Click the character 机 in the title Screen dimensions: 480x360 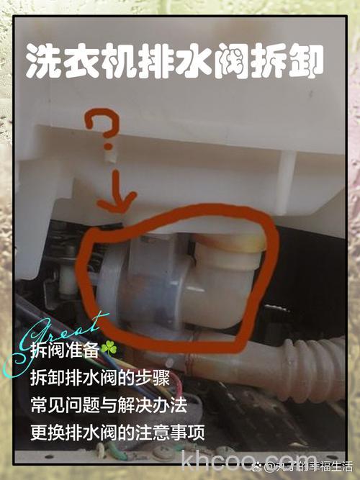(x=122, y=62)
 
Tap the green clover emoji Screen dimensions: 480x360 (x=108, y=348)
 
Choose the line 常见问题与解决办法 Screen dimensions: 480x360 (x=109, y=404)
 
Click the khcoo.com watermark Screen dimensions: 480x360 (x=245, y=458)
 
